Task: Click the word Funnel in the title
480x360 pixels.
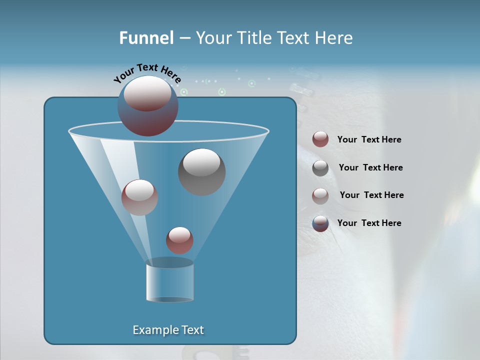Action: click(146, 38)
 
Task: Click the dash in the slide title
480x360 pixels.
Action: click(184, 38)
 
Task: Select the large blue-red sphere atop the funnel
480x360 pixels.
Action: click(147, 106)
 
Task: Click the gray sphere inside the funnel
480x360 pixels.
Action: click(201, 171)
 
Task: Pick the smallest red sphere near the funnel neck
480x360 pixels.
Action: click(179, 240)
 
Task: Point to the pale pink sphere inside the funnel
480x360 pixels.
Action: click(139, 197)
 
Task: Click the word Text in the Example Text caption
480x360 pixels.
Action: click(191, 330)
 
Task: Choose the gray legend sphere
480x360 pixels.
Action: click(320, 168)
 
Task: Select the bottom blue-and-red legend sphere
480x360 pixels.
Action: click(320, 223)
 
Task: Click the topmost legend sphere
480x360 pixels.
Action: click(320, 139)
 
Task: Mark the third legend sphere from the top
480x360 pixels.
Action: click(320, 196)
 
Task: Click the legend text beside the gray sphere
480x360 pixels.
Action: click(370, 167)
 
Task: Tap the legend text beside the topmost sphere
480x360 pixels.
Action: click(369, 139)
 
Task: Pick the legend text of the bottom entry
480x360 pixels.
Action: click(369, 223)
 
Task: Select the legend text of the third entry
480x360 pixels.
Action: click(371, 195)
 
